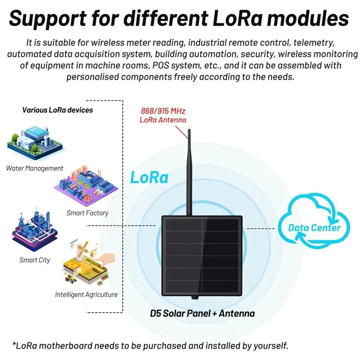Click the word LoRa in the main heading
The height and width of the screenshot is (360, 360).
(238, 18)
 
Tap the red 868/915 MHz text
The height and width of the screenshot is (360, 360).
(163, 111)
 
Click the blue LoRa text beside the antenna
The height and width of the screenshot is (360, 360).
(149, 177)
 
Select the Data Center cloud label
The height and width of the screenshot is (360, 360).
(314, 228)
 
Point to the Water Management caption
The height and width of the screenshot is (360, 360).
(35, 168)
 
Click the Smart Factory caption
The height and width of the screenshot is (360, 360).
(87, 213)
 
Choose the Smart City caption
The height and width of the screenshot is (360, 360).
(35, 260)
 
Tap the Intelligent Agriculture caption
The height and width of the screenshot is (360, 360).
(86, 295)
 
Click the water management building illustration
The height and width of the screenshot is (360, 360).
(35, 142)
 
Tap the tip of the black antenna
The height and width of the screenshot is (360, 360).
(189, 130)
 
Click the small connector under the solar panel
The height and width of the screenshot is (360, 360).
(195, 297)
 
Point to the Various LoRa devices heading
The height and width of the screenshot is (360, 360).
(58, 110)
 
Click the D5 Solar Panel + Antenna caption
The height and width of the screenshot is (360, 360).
(202, 313)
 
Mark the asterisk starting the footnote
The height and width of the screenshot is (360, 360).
(14, 344)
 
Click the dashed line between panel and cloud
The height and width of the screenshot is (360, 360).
(261, 229)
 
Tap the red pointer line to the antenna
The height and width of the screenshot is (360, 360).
(181, 132)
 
